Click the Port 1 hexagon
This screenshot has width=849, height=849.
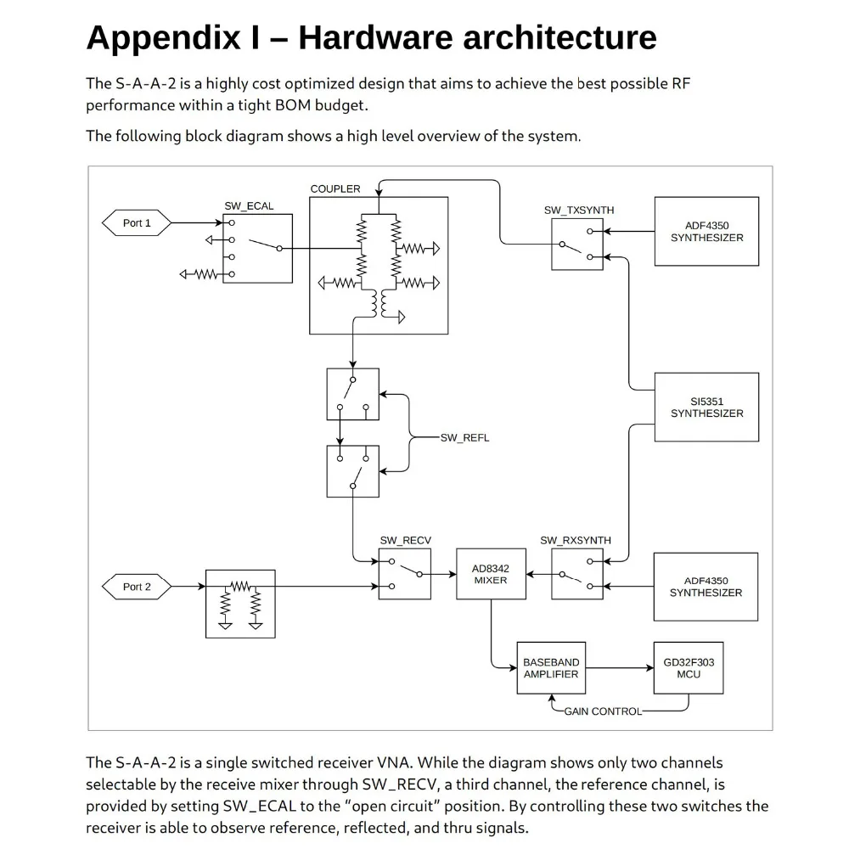point(137,223)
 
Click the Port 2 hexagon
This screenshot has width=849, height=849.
point(137,587)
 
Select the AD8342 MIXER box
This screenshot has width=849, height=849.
point(490,574)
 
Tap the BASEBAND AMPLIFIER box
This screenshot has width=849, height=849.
point(551,668)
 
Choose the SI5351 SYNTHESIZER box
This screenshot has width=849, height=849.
point(706,408)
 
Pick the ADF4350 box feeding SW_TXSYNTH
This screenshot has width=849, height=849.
point(706,232)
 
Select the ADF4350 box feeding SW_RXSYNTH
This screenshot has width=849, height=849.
point(706,587)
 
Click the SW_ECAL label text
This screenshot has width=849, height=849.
point(249,206)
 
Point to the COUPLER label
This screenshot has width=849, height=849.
point(335,188)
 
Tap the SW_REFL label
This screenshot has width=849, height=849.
point(464,438)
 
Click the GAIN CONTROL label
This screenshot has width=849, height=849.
point(603,711)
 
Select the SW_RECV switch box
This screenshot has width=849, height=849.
point(404,574)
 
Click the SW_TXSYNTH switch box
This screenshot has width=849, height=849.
point(577,244)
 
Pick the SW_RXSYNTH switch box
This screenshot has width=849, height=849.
point(576,574)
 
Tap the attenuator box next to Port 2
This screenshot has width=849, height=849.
point(240,604)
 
